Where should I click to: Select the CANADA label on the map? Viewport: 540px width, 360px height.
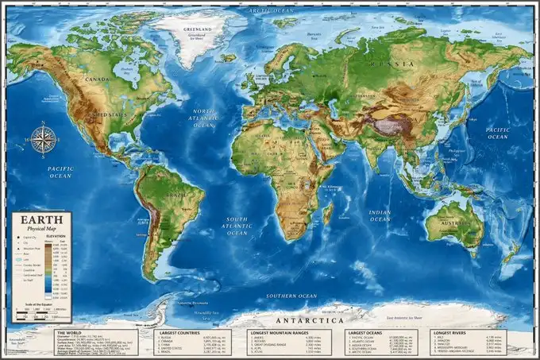pyautogui.click(x=97, y=79)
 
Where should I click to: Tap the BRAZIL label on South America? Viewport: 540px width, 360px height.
pyautogui.click(x=175, y=195)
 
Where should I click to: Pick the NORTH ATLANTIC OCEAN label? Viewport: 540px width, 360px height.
pyautogui.click(x=204, y=118)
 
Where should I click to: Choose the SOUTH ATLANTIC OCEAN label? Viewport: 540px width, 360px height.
pyautogui.click(x=237, y=226)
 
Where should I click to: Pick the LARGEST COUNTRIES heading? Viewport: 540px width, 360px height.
pyautogui.click(x=179, y=332)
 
